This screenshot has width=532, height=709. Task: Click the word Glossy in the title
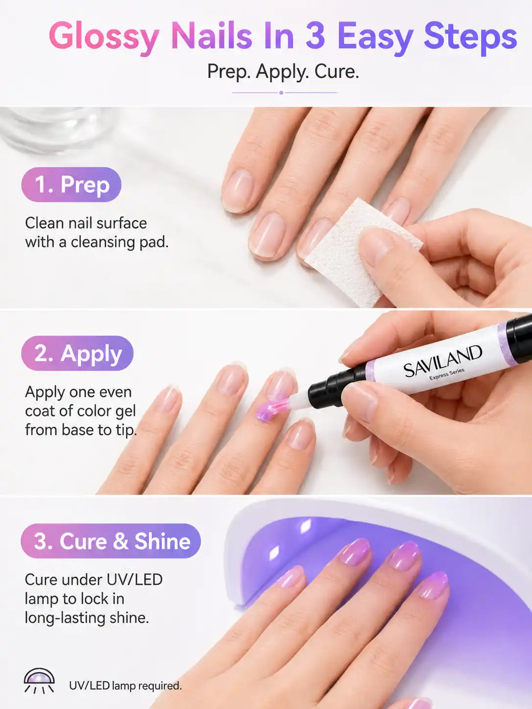(x=104, y=37)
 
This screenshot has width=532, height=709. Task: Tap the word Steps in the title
(x=470, y=36)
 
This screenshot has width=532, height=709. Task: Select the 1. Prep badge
(x=72, y=185)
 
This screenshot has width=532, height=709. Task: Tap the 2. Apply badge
(x=77, y=353)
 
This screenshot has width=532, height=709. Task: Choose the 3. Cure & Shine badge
(x=111, y=541)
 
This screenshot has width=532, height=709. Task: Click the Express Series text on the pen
(x=447, y=375)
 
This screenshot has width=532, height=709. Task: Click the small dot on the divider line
(x=281, y=93)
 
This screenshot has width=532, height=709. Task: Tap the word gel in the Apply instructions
(x=125, y=411)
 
